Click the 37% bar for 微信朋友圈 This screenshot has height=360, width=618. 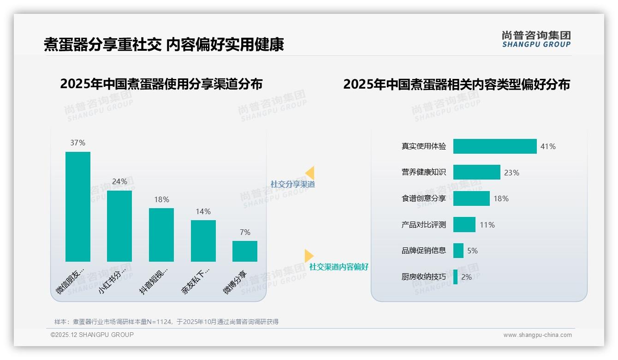point(77,206)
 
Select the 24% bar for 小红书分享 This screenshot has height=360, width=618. point(119,226)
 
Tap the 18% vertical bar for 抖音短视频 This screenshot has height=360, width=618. point(161,234)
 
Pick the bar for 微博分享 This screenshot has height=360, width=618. point(244,251)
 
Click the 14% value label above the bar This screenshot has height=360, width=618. point(203,212)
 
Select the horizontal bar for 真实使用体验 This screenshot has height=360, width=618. point(495,146)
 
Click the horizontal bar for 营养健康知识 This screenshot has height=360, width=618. point(476,172)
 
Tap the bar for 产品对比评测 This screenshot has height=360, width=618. point(464,225)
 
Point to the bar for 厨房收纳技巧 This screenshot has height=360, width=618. point(455,277)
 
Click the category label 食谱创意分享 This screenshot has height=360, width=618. point(423,198)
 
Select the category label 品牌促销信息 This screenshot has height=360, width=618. point(423,251)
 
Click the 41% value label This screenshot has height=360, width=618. point(548,147)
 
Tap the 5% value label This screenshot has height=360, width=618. point(472,251)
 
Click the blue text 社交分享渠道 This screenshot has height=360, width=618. point(292,184)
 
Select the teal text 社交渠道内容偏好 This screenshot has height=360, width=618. point(339,267)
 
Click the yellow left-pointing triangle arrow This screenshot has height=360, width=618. point(309,173)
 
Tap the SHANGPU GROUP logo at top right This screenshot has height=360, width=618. point(536,39)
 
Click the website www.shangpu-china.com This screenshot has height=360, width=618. point(537,335)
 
